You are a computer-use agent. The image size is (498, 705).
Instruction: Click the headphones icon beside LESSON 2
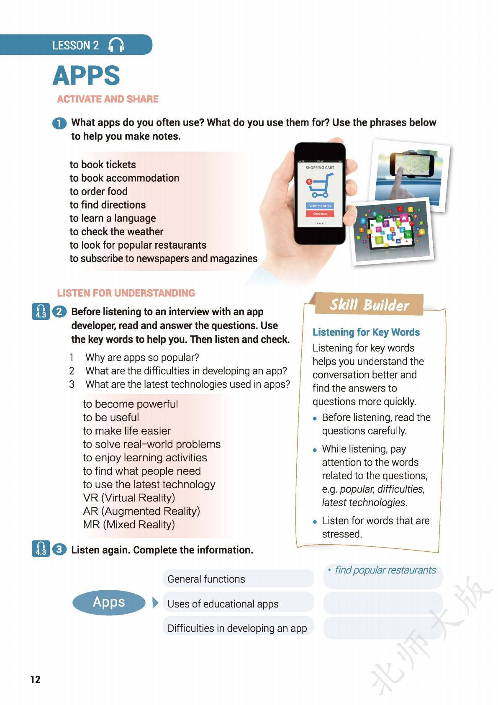[116, 45]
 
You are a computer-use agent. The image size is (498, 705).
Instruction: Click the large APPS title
[86, 76]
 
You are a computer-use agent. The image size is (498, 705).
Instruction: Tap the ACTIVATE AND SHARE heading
[108, 99]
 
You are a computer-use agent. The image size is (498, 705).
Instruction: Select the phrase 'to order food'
[98, 191]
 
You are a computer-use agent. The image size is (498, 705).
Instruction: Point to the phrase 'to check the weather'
[116, 232]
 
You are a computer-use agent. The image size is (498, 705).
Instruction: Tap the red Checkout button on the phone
[320, 214]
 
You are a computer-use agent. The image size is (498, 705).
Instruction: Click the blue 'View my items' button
[320, 206]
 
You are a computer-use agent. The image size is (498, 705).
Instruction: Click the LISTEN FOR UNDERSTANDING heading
[126, 293]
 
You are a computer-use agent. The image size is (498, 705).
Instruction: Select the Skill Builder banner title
[369, 305]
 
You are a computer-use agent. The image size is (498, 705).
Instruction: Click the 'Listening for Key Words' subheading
[366, 332]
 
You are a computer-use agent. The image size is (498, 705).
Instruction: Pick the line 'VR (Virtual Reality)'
[129, 498]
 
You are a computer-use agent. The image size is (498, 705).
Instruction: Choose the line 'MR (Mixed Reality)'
[128, 525]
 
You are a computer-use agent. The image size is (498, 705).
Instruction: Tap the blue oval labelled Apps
[109, 602]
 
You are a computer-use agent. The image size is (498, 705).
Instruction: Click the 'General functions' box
[237, 579]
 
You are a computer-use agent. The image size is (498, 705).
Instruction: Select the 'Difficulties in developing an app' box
[237, 628]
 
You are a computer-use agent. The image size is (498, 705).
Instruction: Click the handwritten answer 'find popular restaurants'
[385, 570]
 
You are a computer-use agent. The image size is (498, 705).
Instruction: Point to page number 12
[35, 679]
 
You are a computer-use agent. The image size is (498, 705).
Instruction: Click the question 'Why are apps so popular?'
[142, 358]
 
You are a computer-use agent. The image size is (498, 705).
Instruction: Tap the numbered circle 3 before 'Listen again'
[59, 549]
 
